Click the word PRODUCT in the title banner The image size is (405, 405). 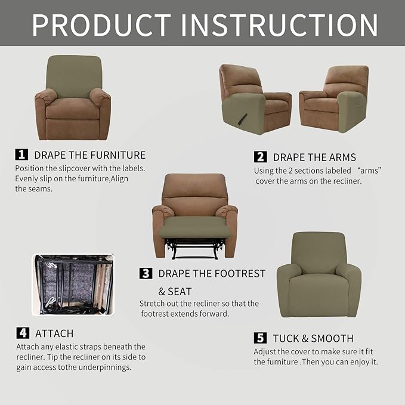click(101, 24)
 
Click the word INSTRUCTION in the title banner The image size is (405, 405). click(280, 24)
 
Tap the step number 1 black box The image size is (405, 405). click(21, 154)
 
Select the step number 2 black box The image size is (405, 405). click(261, 157)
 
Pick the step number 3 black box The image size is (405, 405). click(146, 273)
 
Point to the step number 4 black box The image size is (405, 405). click(22, 333)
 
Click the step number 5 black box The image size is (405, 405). click(261, 338)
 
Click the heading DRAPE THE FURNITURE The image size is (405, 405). click(89, 155)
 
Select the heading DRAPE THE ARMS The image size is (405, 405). click(314, 157)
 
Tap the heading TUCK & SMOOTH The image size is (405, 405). click(313, 338)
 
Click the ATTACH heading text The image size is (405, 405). click(54, 333)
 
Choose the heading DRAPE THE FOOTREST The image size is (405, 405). click(212, 274)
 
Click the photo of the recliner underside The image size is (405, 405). click(72, 285)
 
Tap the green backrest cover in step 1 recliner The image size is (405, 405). click(73, 75)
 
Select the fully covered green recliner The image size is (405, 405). click(319, 275)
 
